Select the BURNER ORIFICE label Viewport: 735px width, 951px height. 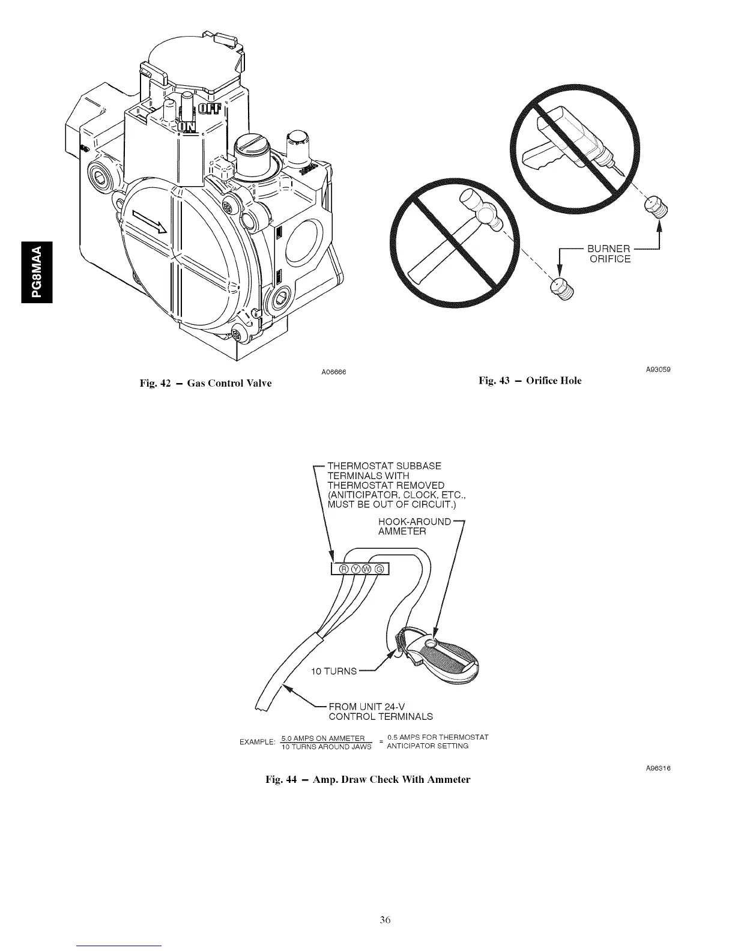coord(609,254)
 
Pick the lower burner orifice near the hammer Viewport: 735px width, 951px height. coord(561,289)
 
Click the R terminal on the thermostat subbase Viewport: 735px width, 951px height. coord(344,569)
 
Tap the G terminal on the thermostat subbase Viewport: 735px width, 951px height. coord(380,569)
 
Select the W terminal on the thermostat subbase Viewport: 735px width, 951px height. coord(368,569)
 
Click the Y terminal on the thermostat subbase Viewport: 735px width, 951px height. coord(356,569)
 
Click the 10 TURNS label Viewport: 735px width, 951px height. coord(333,671)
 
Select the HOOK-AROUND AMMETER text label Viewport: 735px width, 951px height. coord(414,526)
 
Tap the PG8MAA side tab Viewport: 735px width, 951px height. coord(36,272)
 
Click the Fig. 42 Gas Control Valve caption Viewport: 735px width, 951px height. coord(206,382)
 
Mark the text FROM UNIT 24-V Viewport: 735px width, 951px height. coord(376,706)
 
